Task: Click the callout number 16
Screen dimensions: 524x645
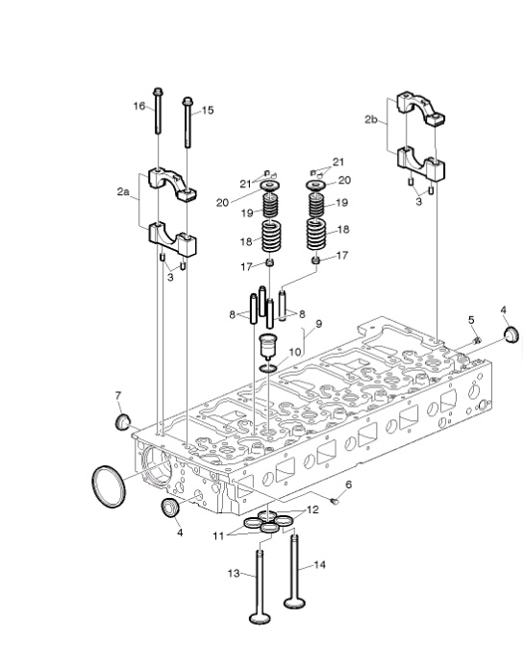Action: [139, 106]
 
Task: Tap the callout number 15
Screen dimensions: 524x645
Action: [208, 111]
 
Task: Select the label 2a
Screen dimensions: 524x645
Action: [123, 191]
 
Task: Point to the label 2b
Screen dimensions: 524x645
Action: [371, 119]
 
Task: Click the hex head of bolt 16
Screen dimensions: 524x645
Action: [158, 91]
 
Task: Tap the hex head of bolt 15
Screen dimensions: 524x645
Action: [187, 101]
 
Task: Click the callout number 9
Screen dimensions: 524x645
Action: [319, 324]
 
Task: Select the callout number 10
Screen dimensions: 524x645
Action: [295, 352]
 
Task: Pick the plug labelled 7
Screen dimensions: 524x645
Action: [122, 422]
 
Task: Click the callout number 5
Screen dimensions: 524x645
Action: [471, 320]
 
